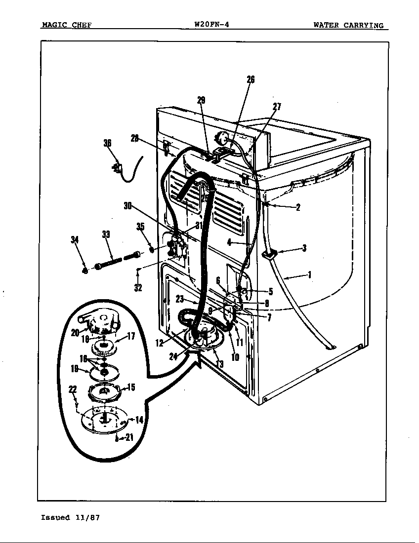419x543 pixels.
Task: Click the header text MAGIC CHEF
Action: pos(66,25)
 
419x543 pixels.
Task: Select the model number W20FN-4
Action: pos(212,25)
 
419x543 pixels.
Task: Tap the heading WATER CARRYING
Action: pos(348,25)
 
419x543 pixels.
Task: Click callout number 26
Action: pos(251,80)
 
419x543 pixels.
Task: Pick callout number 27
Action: pos(277,107)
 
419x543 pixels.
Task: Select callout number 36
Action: pos(107,143)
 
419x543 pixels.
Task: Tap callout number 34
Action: pos(75,240)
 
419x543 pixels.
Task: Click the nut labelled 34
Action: pos(85,270)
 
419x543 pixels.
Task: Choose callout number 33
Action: pos(106,235)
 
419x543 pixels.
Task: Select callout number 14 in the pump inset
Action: pos(139,420)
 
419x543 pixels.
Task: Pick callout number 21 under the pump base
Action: pos(128,437)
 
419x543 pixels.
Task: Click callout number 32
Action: pos(138,288)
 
